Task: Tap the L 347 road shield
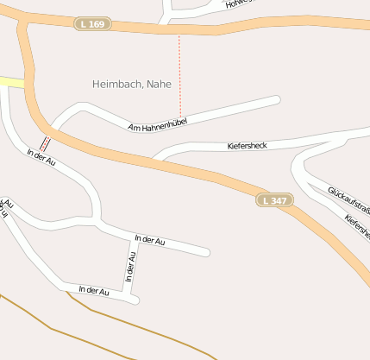tap(273, 200)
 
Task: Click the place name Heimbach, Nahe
tap(132, 84)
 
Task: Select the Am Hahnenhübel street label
tap(157, 123)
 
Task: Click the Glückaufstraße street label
tap(349, 199)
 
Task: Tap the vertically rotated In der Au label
tap(131, 268)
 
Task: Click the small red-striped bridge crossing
tap(45, 143)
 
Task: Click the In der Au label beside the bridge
tap(41, 158)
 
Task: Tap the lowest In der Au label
tap(94, 291)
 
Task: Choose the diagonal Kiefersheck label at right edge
tap(357, 226)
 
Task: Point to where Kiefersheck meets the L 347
tap(157, 159)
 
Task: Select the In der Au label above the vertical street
tap(149, 240)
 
